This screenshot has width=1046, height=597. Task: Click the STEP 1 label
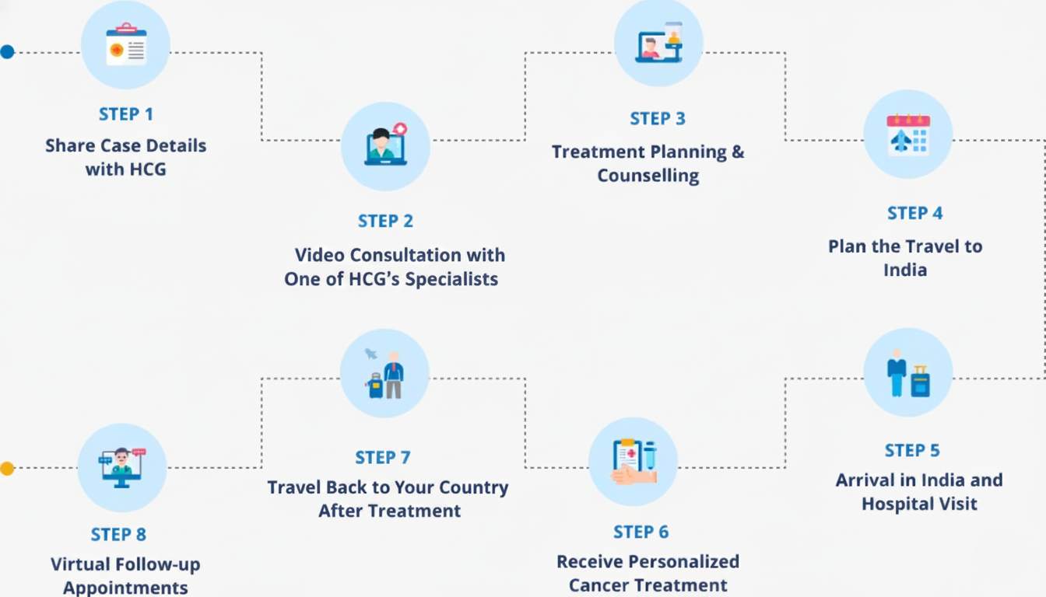[125, 114]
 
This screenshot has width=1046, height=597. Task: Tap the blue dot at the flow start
[7, 52]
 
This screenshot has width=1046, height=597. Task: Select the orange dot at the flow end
[7, 468]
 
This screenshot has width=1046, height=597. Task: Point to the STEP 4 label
[914, 213]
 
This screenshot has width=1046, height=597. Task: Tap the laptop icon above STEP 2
[385, 146]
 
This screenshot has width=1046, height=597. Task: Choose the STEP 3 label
[658, 119]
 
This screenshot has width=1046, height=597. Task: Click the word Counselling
[648, 176]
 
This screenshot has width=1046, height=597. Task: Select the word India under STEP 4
[904, 271]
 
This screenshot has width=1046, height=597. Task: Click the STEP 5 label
[911, 451]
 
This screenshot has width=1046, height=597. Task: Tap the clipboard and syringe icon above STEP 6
[633, 462]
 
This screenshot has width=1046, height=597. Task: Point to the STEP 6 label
[641, 532]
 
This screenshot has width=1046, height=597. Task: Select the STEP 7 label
[382, 457]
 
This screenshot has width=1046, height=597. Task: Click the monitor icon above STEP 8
[122, 467]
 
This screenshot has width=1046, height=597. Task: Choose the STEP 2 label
[385, 221]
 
